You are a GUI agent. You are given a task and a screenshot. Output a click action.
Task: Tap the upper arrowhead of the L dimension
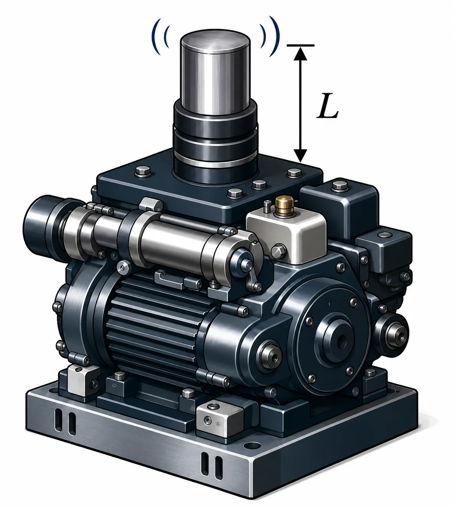300,54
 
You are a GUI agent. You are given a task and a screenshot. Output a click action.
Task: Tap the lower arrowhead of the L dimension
300,155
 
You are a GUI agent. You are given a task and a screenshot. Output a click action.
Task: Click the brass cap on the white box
284,203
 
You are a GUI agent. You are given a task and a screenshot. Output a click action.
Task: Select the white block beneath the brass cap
286,235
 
